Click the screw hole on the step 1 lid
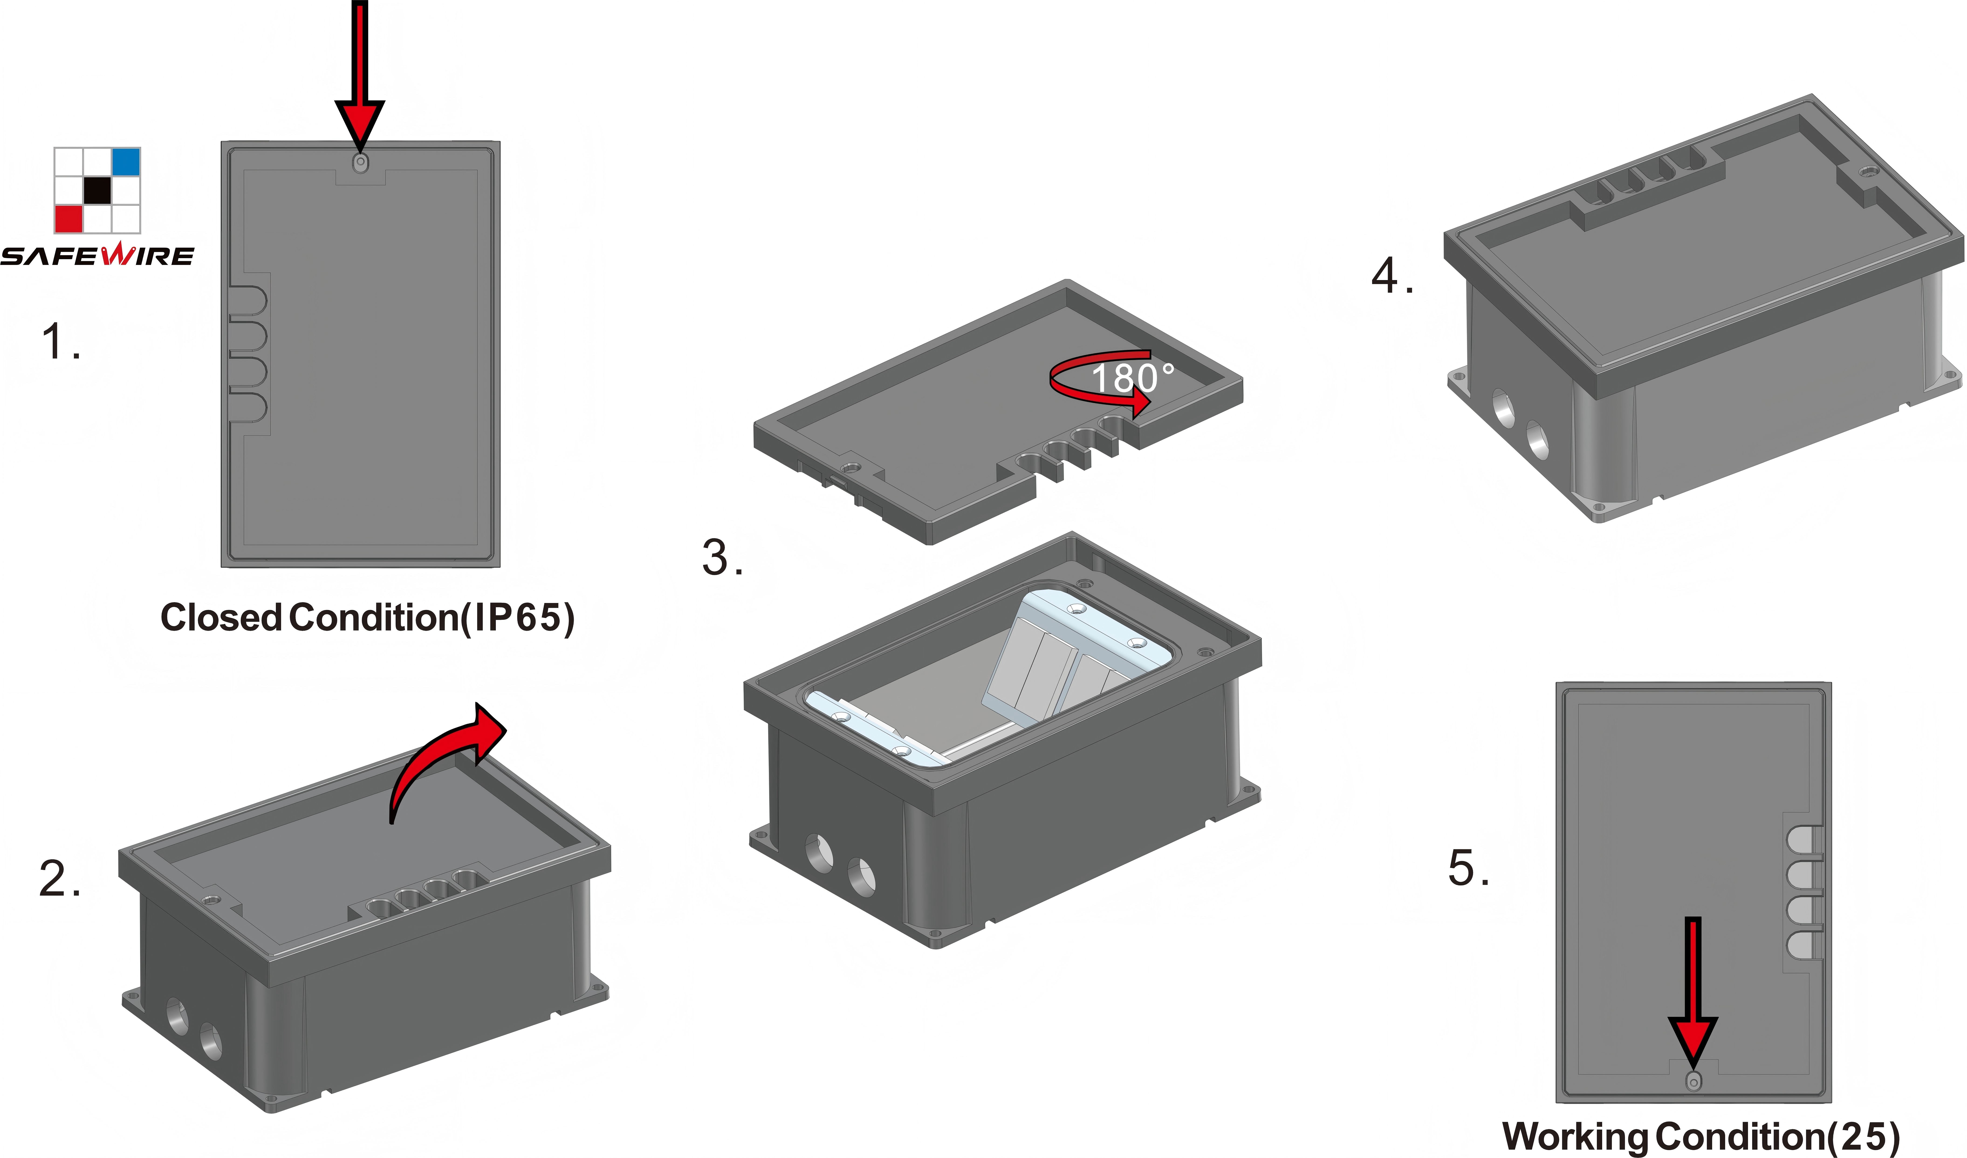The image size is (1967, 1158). tap(361, 162)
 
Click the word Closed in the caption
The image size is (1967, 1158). tap(221, 617)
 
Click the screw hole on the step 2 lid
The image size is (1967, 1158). tap(208, 899)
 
